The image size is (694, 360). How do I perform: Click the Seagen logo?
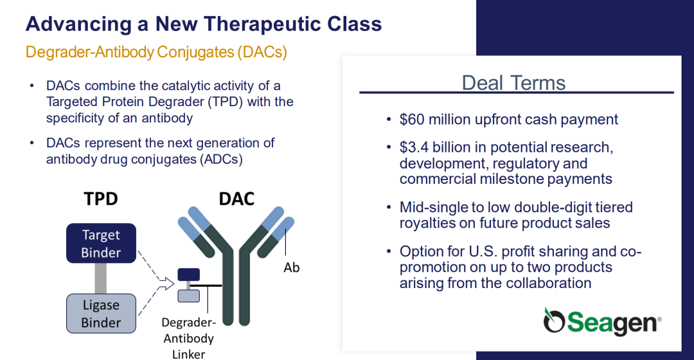(602, 321)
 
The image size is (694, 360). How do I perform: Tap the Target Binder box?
(101, 243)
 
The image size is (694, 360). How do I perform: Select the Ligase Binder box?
(101, 314)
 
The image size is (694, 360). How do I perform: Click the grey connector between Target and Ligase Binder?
(100, 278)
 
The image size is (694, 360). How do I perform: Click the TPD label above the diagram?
(101, 199)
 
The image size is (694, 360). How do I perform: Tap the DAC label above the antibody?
(236, 199)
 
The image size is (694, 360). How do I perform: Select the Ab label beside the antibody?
(292, 267)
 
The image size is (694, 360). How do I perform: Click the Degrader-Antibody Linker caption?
(188, 338)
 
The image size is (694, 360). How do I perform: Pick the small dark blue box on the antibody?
(188, 274)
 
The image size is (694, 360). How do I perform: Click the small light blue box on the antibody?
(188, 296)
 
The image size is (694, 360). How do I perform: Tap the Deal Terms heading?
(513, 83)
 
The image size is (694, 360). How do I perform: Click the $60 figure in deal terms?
(412, 120)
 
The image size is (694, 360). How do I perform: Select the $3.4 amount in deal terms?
(414, 147)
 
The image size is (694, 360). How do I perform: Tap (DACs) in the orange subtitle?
(262, 52)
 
